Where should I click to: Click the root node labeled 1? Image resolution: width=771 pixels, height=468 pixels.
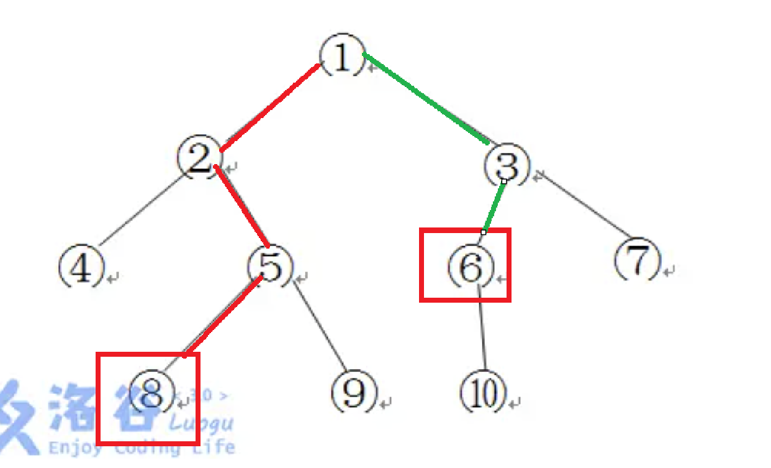[341, 58]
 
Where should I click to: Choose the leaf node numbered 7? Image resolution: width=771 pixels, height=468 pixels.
[638, 261]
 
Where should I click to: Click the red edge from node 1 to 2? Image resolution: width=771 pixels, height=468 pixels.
[270, 107]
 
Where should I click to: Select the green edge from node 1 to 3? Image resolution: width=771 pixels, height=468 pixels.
[426, 99]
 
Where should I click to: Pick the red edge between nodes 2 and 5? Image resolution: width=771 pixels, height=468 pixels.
[241, 206]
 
